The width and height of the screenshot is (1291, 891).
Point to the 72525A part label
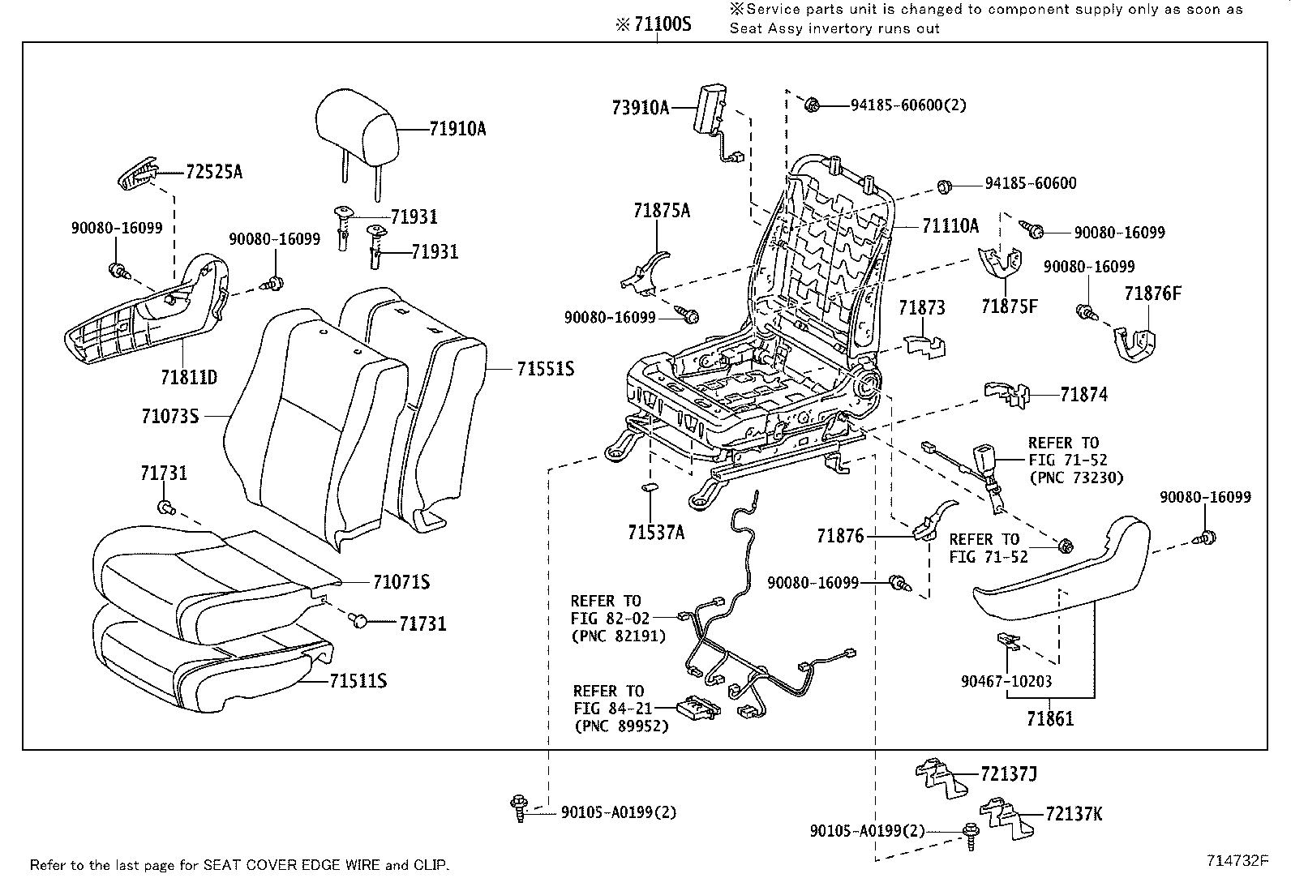click(x=214, y=172)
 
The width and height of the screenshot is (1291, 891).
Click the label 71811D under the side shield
click(x=189, y=378)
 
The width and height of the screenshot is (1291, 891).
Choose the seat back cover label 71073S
click(x=169, y=417)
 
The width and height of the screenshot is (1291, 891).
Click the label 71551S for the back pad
click(x=545, y=370)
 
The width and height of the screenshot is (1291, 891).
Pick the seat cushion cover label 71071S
click(x=401, y=582)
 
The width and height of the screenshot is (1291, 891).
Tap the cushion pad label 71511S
click(x=358, y=681)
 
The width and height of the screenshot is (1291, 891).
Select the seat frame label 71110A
click(x=950, y=226)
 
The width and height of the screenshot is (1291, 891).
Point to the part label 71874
click(x=1083, y=395)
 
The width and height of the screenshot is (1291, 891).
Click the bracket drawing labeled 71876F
click(x=1133, y=343)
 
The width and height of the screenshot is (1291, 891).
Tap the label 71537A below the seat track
click(x=656, y=533)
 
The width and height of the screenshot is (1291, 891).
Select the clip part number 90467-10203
click(x=1006, y=683)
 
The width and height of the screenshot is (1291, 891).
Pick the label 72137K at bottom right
click(x=1074, y=814)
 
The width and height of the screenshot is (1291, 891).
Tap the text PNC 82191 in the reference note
click(x=618, y=636)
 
